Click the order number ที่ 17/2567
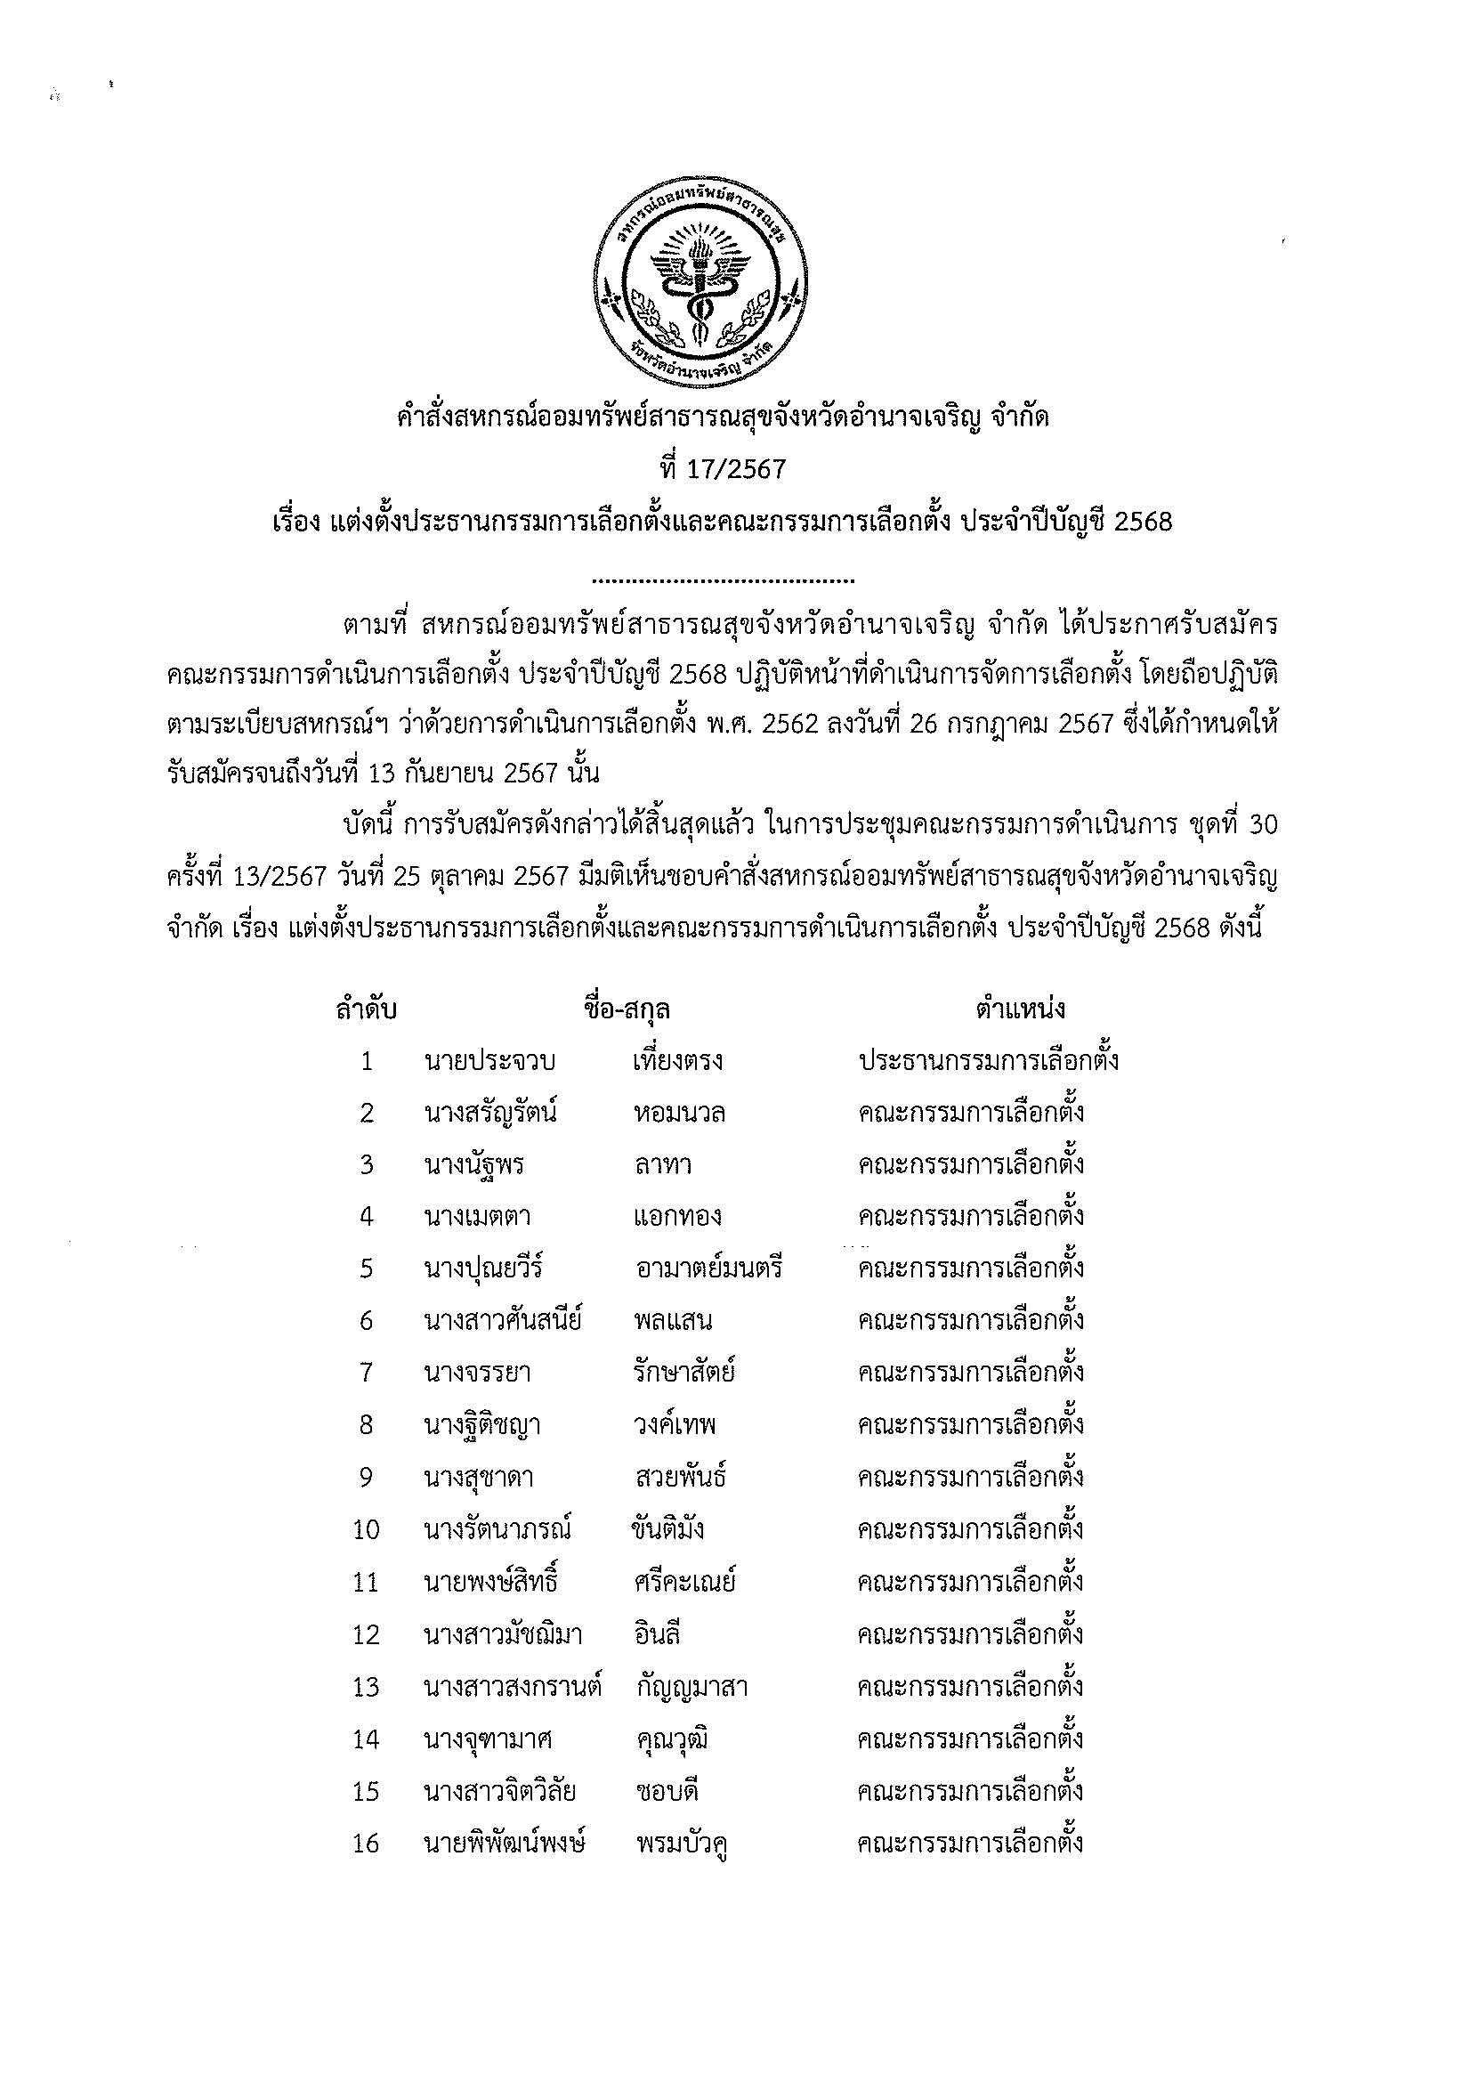(x=723, y=469)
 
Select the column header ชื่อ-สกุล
(x=627, y=1009)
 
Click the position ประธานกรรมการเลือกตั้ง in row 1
(x=988, y=1060)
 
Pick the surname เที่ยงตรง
(x=677, y=1061)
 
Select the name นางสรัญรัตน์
(x=489, y=1114)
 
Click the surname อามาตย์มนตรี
(x=709, y=1268)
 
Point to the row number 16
(x=366, y=1844)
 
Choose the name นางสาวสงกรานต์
(x=513, y=1688)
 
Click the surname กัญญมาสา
(x=692, y=1688)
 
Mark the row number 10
(x=366, y=1530)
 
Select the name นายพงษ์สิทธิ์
(x=490, y=1583)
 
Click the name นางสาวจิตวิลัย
(x=500, y=1792)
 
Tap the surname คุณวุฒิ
(x=672, y=1740)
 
